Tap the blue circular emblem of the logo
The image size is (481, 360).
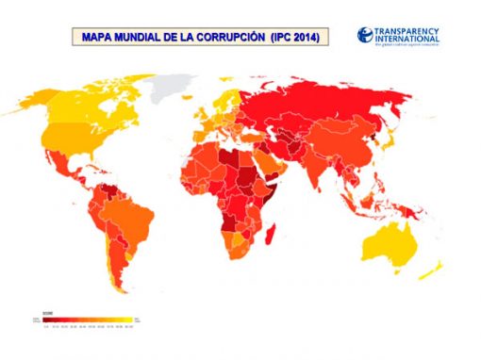pyautogui.click(x=366, y=35)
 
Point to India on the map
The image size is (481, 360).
pyautogui.click(x=325, y=170)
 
